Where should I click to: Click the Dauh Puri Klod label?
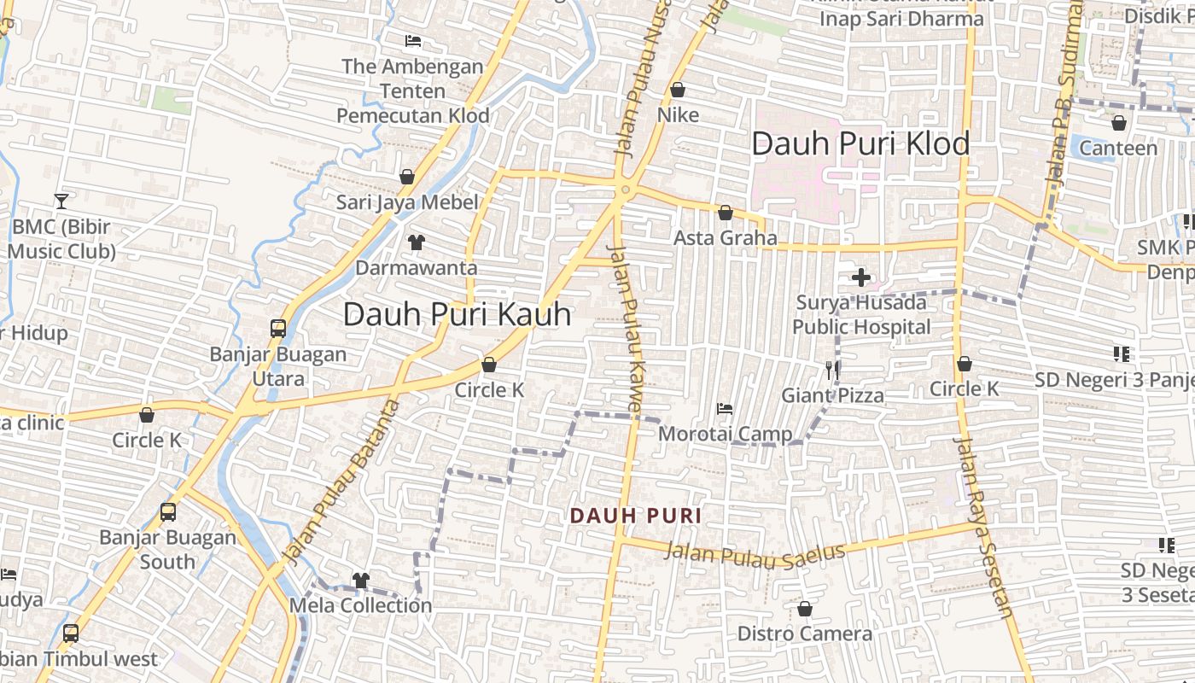(x=860, y=143)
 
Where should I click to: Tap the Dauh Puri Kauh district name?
(x=457, y=314)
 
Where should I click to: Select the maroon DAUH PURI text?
(x=636, y=516)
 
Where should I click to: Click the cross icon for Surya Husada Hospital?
(x=860, y=277)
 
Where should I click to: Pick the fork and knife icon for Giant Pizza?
(x=833, y=370)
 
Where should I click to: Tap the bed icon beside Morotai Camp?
(x=725, y=409)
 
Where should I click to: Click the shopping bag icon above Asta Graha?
(x=726, y=213)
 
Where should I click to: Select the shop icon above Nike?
(x=678, y=90)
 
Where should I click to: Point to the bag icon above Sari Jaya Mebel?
(x=407, y=177)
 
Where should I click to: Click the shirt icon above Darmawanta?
(x=416, y=242)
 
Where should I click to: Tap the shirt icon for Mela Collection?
(x=361, y=581)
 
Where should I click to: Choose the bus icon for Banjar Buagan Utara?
(x=277, y=328)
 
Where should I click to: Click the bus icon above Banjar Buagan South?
(x=168, y=512)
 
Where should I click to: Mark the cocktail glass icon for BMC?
(x=61, y=201)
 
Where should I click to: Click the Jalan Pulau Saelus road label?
(x=755, y=555)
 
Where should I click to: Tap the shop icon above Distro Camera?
(x=804, y=609)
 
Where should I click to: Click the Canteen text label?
(x=1118, y=149)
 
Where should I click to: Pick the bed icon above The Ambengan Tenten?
(x=413, y=41)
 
